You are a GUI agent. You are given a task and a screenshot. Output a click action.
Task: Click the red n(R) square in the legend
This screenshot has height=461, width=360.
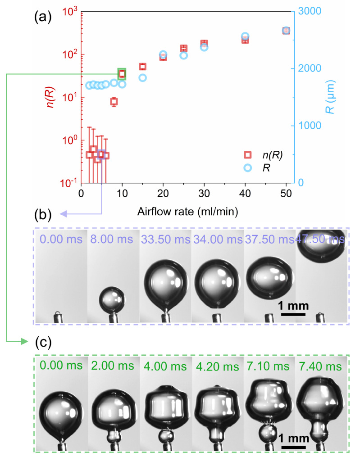247,155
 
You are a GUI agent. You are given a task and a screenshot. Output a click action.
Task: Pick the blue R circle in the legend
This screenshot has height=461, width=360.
247,167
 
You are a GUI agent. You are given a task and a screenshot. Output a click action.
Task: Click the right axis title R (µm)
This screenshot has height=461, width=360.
331,97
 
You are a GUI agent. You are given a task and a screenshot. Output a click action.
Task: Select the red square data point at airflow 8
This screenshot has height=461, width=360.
114,102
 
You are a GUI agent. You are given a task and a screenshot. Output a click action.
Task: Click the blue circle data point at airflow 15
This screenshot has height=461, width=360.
142,77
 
